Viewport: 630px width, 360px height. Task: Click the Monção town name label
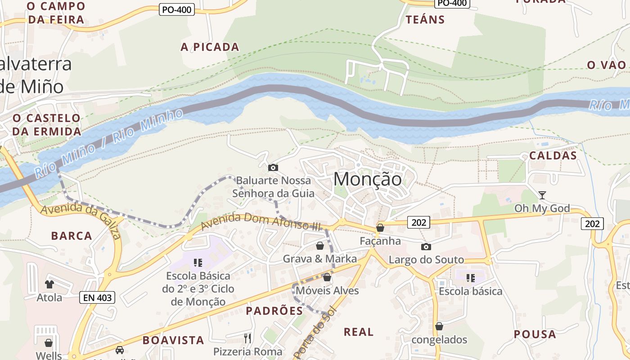(x=367, y=179)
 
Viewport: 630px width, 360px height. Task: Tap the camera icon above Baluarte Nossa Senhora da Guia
(x=273, y=168)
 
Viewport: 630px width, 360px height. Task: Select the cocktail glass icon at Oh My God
(x=542, y=195)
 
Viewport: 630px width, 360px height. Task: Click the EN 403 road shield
(x=97, y=297)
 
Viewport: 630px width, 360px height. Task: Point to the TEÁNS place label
(x=425, y=20)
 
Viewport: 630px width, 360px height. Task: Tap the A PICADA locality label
(x=210, y=47)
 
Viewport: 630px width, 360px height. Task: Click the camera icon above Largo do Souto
(x=426, y=247)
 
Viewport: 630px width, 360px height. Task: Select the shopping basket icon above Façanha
(x=380, y=228)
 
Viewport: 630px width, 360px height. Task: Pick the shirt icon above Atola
(x=49, y=284)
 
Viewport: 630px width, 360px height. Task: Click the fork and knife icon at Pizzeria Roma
(x=247, y=338)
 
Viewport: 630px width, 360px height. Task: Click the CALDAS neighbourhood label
(x=553, y=156)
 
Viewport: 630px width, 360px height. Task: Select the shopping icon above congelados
(x=439, y=326)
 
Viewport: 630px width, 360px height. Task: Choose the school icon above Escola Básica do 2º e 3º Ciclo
(x=198, y=262)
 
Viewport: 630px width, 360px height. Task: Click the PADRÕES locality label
(x=274, y=311)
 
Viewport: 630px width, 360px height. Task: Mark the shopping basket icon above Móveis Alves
(x=327, y=277)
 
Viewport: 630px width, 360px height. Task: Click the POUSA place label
(x=535, y=334)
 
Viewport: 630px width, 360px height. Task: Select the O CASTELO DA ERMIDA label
(x=46, y=125)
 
